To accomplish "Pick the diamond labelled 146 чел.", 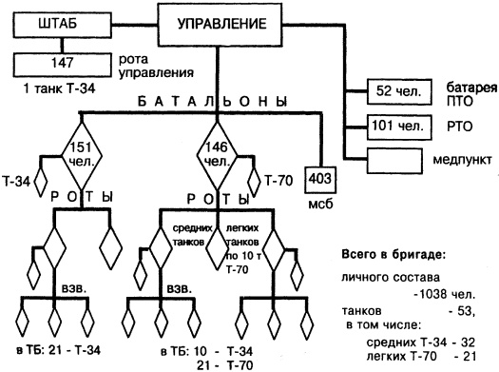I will point(217,150).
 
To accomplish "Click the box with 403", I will point(319,178).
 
